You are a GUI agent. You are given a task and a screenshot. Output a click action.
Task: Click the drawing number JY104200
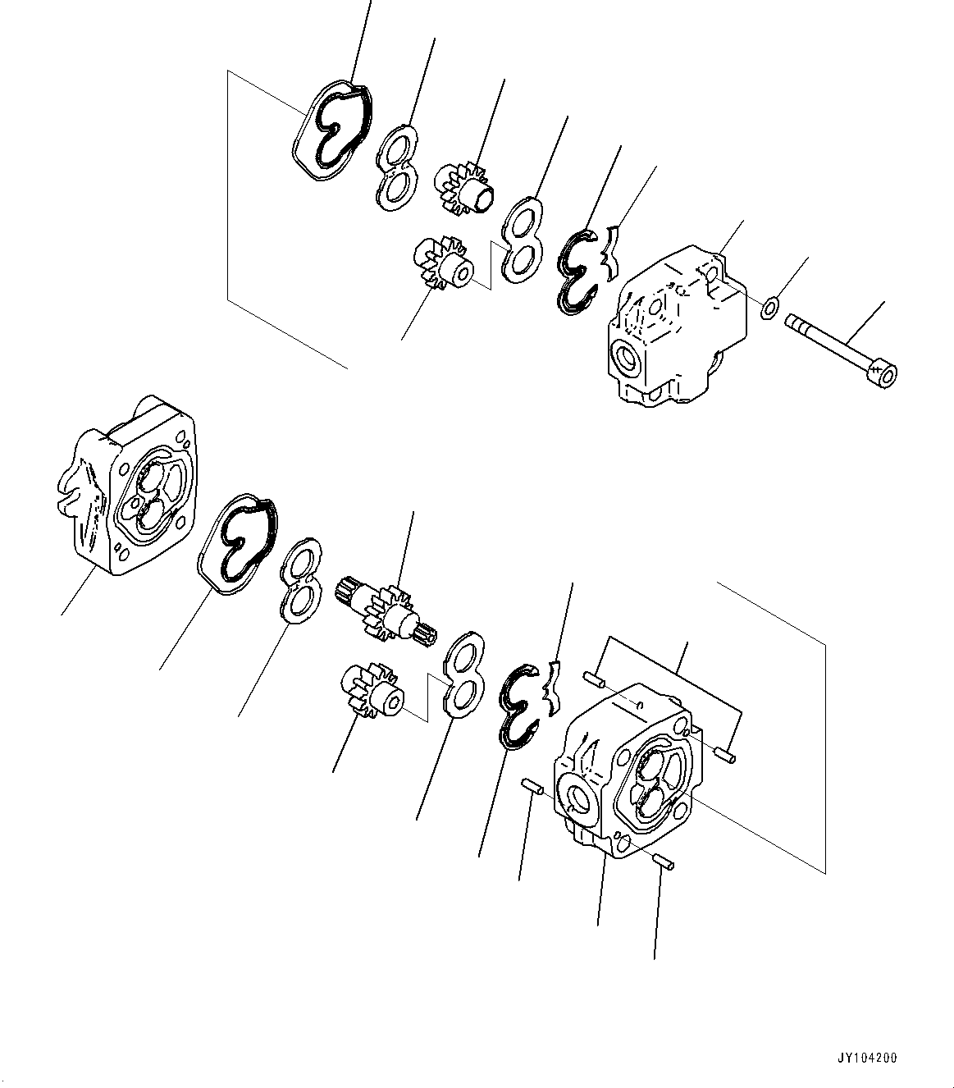pyautogui.click(x=868, y=1058)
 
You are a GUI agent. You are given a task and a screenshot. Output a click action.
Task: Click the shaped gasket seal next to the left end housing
pyautogui.click(x=238, y=542)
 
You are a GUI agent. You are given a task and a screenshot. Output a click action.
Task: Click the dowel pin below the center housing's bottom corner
pyautogui.click(x=664, y=861)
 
